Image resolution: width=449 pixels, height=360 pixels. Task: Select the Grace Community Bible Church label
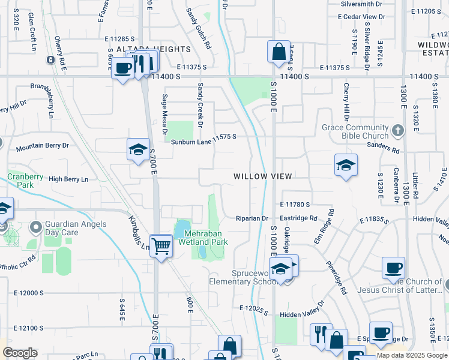pos(355,131)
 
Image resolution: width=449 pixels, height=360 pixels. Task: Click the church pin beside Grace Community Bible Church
pos(397,129)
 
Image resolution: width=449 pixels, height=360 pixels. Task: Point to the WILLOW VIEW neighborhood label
pos(263,176)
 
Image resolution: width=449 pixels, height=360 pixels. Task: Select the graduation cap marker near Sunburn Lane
pos(138,150)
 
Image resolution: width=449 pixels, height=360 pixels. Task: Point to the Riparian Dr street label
pos(252,218)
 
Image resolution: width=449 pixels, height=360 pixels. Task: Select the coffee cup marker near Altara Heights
pos(123,68)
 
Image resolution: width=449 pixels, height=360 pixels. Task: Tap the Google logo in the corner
pos(20,353)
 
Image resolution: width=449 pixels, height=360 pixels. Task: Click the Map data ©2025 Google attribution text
pos(412,355)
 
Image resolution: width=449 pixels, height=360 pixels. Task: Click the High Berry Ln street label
pos(68,179)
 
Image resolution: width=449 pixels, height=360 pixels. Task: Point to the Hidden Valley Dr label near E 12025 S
pos(302,313)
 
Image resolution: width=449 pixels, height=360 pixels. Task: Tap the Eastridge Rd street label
pos(298,218)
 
